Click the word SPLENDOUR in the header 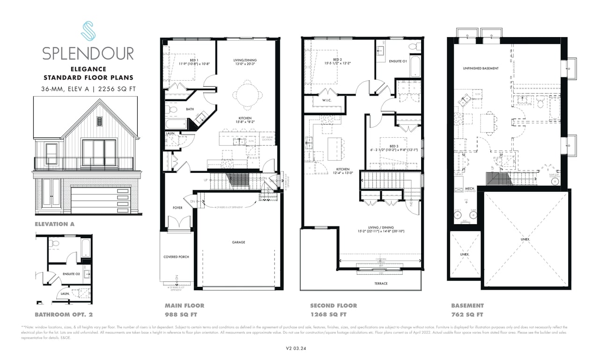point(88,53)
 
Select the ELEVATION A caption point(54,224)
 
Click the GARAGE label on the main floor point(238,242)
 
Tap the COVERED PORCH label point(177,257)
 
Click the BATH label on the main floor point(190,109)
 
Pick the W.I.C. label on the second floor point(327,99)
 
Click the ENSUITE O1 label point(398,61)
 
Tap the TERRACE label point(381,283)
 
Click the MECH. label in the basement point(470,188)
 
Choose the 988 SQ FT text point(181,315)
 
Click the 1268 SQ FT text point(328,315)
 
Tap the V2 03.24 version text point(296,348)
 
